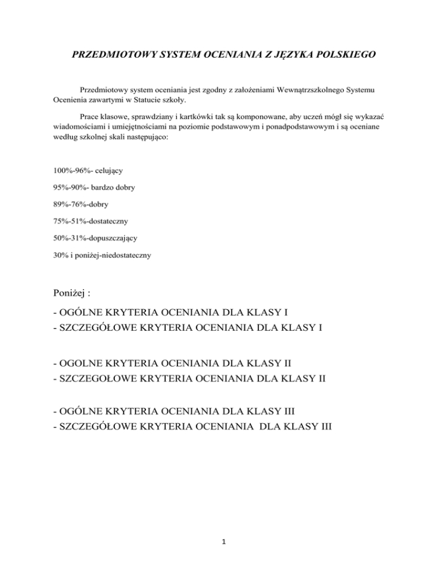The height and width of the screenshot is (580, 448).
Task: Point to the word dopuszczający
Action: [x=113, y=238]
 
